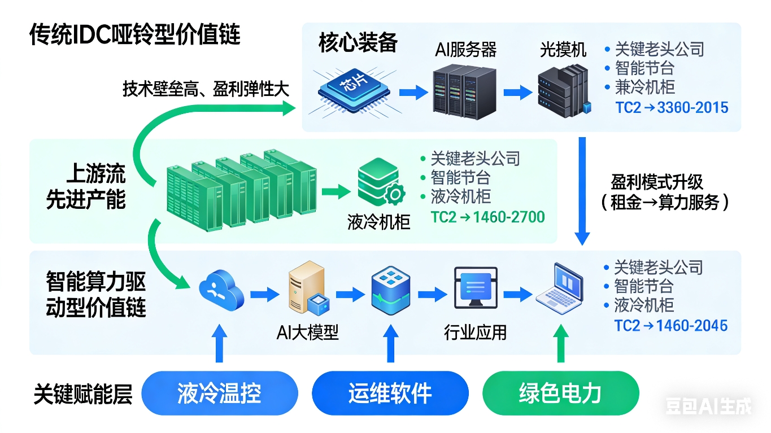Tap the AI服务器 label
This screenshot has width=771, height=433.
point(465,50)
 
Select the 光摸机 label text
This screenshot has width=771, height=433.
point(563,50)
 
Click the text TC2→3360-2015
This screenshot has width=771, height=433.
point(672,107)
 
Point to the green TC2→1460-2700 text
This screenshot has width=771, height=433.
point(487,217)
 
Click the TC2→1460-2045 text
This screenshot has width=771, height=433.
point(670,326)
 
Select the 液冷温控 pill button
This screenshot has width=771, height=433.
point(219,393)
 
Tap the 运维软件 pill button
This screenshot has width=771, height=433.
point(390,393)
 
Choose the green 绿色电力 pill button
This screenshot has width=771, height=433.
point(560,393)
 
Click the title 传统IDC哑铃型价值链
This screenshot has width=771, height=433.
point(135,35)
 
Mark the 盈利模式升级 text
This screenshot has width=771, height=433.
point(657,182)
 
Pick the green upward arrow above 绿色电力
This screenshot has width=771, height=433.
point(560,344)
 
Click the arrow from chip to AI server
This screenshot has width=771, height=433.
point(413,92)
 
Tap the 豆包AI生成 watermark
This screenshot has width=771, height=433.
point(709,406)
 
